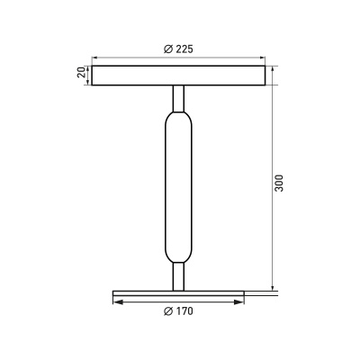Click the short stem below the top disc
[178, 97]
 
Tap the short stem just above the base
[178, 276]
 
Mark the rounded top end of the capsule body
[178, 115]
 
